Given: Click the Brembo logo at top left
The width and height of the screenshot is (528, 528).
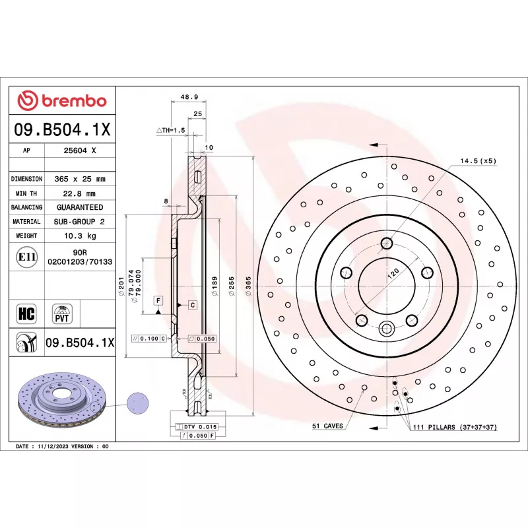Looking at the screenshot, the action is [x=62, y=100].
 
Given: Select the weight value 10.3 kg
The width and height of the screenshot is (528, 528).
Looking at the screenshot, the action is [x=80, y=236].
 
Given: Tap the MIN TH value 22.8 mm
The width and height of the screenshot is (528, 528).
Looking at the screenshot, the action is [x=79, y=193].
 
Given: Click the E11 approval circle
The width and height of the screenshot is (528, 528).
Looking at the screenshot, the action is [x=27, y=257].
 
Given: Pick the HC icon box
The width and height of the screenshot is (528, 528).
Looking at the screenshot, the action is [x=26, y=313].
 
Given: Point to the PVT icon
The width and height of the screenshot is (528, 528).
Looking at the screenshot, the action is [x=62, y=314].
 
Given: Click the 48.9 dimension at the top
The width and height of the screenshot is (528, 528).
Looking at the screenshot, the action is [x=189, y=97].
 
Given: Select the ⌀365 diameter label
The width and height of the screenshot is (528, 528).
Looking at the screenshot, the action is [x=249, y=286].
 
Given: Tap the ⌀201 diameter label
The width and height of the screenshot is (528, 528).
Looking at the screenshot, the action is [x=121, y=286].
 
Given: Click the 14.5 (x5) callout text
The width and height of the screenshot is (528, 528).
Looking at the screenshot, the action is [x=478, y=161].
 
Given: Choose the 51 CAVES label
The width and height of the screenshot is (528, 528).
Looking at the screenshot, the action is [x=327, y=426].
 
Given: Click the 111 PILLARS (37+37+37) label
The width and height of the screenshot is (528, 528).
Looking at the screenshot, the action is [x=455, y=427].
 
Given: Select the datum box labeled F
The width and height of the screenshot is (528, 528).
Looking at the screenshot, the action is [x=158, y=300].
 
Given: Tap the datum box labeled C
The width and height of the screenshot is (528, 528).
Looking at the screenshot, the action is [x=193, y=305].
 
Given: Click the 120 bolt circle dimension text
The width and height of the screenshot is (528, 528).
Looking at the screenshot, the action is [x=393, y=273].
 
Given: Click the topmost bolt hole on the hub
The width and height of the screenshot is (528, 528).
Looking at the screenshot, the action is [x=387, y=243].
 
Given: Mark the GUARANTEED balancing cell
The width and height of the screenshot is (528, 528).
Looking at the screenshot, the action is [x=80, y=207].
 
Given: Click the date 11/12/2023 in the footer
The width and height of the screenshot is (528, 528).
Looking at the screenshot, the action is [x=53, y=447].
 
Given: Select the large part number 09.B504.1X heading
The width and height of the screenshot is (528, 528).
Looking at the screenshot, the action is [x=62, y=129].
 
